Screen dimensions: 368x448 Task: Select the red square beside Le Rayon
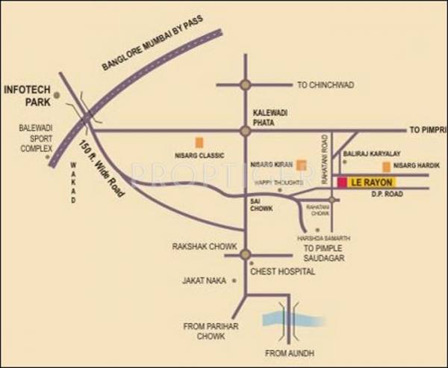342,183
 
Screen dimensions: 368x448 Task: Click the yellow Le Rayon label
373,183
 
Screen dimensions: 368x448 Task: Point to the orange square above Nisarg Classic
199,142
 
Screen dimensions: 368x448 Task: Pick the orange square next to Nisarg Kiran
301,164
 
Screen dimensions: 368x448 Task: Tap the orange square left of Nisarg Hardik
386,166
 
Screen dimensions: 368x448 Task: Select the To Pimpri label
427,130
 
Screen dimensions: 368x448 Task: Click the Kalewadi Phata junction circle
245,131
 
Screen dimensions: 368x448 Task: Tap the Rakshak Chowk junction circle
245,254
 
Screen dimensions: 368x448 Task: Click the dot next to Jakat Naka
234,281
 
